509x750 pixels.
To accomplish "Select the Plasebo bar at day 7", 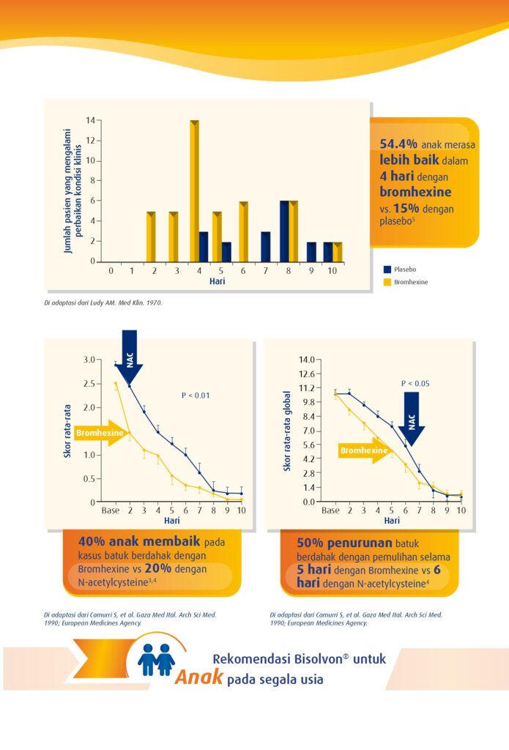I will (x=266, y=247).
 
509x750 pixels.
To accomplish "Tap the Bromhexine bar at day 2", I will (x=151, y=237).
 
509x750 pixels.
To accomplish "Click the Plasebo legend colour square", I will (x=387, y=269).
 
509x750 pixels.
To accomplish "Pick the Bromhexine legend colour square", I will (x=387, y=281).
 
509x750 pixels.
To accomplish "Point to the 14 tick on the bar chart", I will (x=91, y=120).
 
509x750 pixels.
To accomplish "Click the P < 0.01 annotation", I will (x=196, y=396).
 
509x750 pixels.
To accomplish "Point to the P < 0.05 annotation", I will (x=415, y=383).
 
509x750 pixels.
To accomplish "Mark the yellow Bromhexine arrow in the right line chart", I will (x=364, y=450).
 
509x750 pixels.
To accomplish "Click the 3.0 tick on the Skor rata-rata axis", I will (x=89, y=360).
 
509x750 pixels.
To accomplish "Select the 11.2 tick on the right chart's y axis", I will (x=305, y=387).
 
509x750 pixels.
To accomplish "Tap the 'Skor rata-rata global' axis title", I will (x=288, y=431).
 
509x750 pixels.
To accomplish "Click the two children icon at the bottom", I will (x=156, y=659).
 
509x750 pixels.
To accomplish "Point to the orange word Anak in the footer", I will (x=198, y=677).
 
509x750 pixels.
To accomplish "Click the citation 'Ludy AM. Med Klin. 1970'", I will (x=132, y=302).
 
